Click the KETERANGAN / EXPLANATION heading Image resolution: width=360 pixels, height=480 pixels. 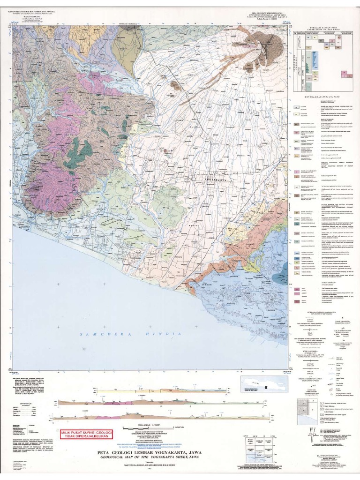(x=322, y=97)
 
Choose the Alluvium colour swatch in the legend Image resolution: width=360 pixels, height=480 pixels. (x=297, y=107)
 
